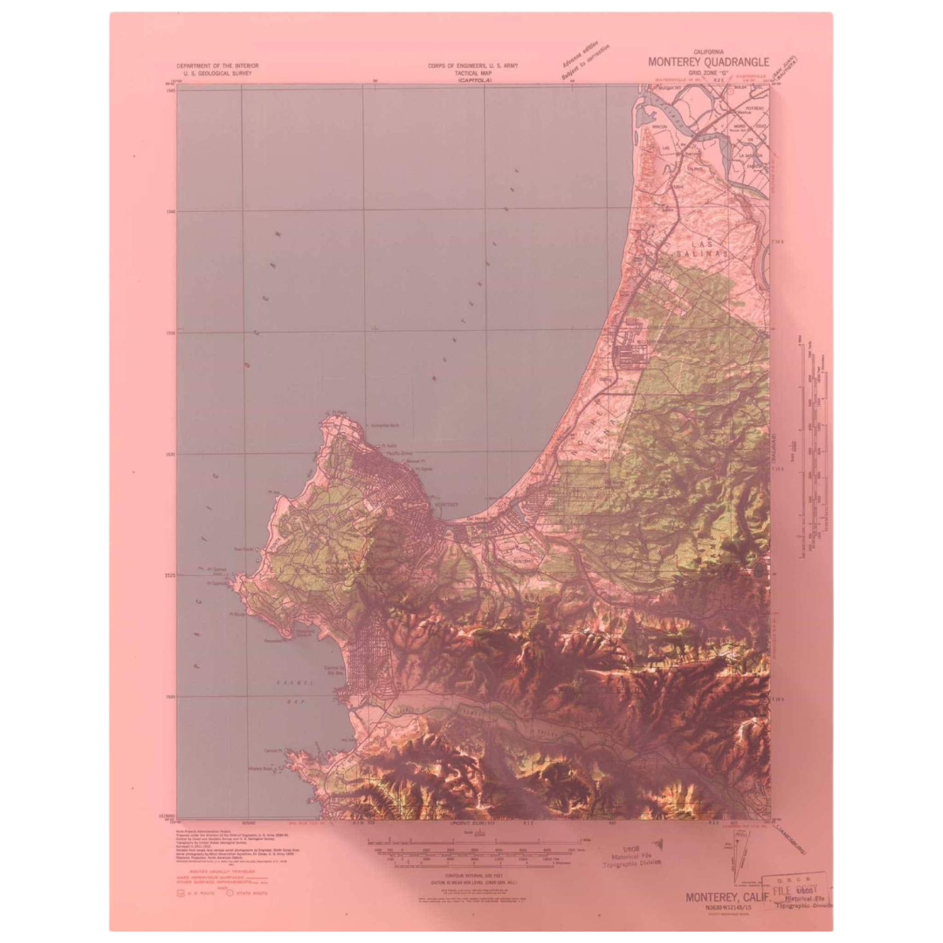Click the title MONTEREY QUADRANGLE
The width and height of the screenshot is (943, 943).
[708, 62]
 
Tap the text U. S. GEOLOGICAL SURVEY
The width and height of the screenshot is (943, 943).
[217, 73]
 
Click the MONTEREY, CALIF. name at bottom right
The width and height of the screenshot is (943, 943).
[726, 897]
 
